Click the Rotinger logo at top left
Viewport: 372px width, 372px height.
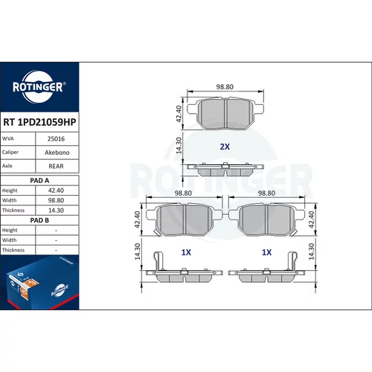(x=39, y=87)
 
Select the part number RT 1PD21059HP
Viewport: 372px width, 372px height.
(x=39, y=122)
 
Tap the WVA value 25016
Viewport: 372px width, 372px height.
(x=56, y=139)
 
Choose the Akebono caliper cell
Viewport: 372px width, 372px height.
(x=57, y=153)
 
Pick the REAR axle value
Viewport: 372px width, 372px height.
(x=56, y=166)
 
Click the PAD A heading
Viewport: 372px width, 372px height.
(x=39, y=181)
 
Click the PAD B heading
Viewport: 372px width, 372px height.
(x=39, y=220)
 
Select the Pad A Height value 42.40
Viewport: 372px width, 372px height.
(x=56, y=190)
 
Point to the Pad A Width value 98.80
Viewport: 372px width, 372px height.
(x=56, y=200)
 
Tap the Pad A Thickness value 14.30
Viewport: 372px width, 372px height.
(x=56, y=211)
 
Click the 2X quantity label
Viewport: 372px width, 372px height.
(x=225, y=147)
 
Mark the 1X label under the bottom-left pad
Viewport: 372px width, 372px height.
(x=186, y=252)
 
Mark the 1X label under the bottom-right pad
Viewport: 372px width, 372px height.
(x=266, y=252)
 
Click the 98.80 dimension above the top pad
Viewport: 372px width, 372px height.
(x=225, y=87)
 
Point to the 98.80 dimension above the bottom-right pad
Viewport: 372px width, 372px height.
(x=266, y=193)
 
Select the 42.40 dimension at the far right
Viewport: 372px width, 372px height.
(x=311, y=219)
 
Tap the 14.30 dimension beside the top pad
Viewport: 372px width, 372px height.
(x=179, y=146)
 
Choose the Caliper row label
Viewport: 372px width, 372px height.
(x=10, y=152)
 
